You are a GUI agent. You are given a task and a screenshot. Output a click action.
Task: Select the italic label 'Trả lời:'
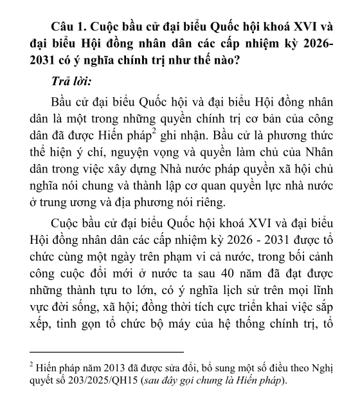point(70,82)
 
